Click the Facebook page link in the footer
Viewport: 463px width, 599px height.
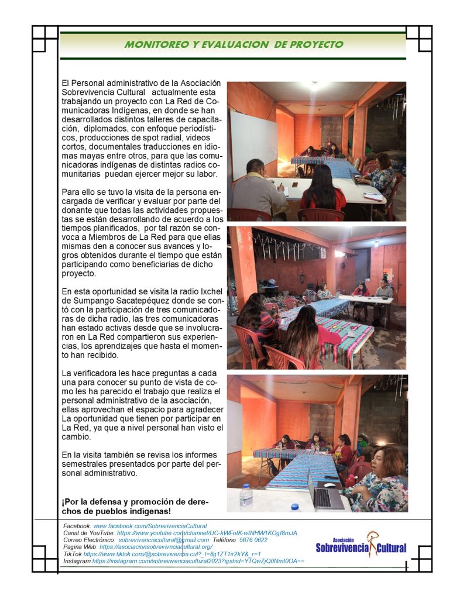click(150, 526)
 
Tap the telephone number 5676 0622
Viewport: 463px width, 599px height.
click(253, 540)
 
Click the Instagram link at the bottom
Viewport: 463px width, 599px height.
click(198, 561)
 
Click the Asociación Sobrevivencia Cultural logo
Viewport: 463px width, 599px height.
click(361, 545)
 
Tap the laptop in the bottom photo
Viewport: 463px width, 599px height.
click(324, 491)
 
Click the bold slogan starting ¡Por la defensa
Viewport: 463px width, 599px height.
click(135, 507)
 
